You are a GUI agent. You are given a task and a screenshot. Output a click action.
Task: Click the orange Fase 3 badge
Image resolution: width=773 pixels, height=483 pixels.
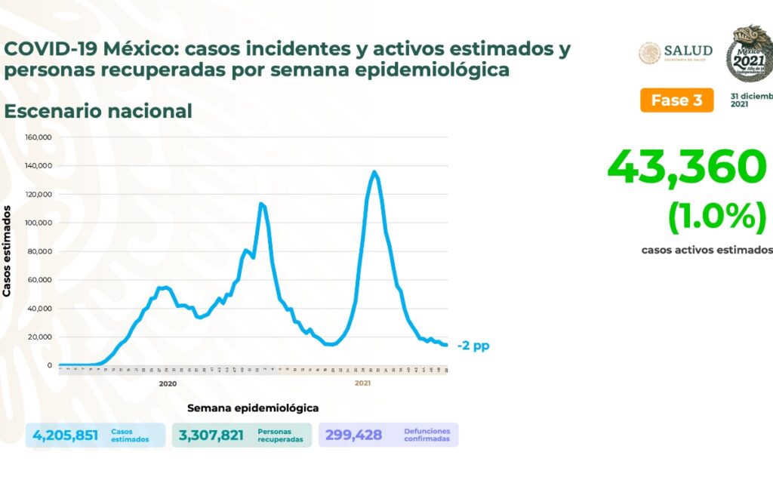pos(676,100)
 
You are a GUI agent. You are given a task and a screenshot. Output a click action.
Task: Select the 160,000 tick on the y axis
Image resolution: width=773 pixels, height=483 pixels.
pos(38,137)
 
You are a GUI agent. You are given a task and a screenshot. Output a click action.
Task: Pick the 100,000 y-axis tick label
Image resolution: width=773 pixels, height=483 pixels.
pos(38,223)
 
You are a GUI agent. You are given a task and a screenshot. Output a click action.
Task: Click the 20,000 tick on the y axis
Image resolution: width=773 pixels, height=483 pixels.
pos(39,337)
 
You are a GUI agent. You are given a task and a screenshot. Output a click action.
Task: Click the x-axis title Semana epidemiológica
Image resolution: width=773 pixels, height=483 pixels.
pos(253,408)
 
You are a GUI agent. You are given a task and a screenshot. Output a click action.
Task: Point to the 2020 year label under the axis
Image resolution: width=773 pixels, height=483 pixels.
pos(168,383)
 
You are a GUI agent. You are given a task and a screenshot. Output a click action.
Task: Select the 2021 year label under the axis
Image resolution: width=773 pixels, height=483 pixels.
pos(362,383)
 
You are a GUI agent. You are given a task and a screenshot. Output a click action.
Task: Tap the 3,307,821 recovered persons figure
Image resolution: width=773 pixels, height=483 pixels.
pos(211,435)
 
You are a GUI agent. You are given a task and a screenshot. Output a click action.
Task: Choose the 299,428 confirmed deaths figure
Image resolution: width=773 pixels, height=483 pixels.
pos(354,435)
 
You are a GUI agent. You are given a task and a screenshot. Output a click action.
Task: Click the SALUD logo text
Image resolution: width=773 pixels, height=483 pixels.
pos(688,51)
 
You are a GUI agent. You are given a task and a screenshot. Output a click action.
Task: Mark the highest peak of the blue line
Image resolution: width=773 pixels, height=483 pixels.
pos(374,172)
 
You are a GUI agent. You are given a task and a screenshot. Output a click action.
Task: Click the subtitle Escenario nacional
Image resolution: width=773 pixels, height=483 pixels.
pos(98,111)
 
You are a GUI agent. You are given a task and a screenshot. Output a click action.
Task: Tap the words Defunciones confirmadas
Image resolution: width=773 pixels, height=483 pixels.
pos(427,435)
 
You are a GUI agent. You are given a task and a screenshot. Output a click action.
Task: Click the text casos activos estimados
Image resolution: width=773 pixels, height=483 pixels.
pos(707,250)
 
